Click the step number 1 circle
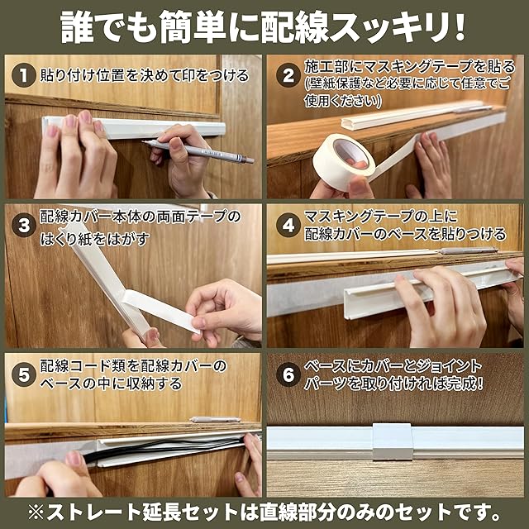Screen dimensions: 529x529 tap(24, 75)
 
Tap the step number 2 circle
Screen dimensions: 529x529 tap(288, 75)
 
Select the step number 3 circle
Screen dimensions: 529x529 tap(24, 225)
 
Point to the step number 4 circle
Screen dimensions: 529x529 tap(288, 225)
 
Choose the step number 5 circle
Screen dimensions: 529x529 tap(24, 374)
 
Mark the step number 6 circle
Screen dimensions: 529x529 tap(288, 374)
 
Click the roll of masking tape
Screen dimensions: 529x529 tap(344, 161)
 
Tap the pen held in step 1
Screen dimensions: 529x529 tap(198, 152)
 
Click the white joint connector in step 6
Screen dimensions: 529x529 tap(393, 441)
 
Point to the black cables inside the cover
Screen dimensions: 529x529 tap(162, 450)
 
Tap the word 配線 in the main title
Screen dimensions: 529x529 tap(295, 26)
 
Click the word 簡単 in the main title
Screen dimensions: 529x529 tap(193, 26)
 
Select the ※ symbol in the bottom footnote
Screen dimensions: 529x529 tap(36, 512)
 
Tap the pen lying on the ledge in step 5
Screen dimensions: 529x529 tap(215, 420)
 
